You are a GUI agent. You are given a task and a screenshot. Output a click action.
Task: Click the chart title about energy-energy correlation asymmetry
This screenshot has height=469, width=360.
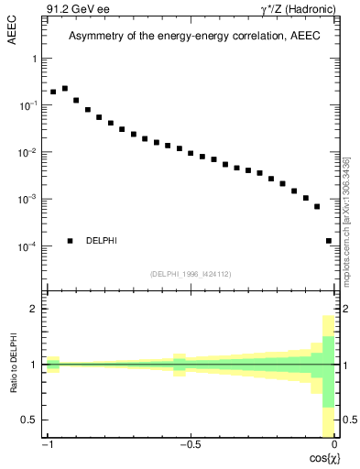click(x=191, y=36)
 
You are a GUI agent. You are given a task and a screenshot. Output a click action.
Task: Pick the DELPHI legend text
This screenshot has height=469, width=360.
click(x=102, y=241)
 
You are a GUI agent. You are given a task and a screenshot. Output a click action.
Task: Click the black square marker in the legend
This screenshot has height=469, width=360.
click(x=70, y=241)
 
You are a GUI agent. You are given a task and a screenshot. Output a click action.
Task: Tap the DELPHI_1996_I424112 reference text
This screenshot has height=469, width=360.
click(x=191, y=274)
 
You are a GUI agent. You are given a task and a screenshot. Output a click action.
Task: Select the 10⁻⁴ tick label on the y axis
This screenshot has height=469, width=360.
click(x=32, y=246)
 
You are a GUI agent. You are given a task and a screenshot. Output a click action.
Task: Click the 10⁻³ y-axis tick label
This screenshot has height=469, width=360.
click(x=32, y=199)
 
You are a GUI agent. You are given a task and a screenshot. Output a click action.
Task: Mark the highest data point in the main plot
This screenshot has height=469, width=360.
click(x=65, y=89)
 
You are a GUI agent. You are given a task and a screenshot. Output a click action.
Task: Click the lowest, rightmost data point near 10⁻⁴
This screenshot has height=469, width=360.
click(x=329, y=241)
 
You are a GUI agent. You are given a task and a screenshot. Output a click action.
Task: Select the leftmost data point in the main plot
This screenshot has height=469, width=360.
click(x=53, y=93)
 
